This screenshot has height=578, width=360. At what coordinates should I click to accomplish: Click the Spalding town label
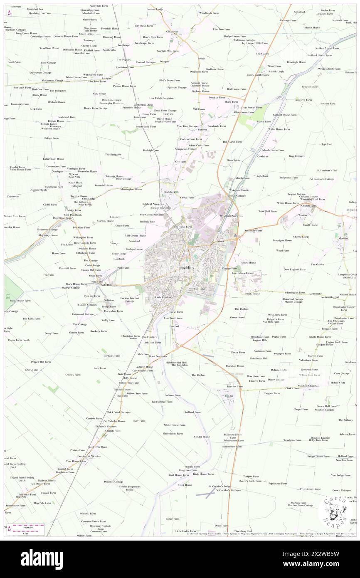pyautogui.click(x=187, y=267)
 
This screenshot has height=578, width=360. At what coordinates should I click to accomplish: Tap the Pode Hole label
pyautogui.click(x=106, y=285)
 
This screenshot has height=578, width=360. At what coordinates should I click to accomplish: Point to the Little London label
pyautogui.click(x=163, y=297)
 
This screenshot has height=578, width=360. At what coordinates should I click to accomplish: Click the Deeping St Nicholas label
pyautogui.click(x=88, y=456)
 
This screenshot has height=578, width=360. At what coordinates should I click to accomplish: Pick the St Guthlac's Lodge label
pyautogui.click(x=219, y=486)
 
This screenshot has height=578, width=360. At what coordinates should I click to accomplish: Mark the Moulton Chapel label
pyautogui.click(x=308, y=385)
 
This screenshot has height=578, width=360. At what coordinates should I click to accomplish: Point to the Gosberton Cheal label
pyautogui.click(x=143, y=105)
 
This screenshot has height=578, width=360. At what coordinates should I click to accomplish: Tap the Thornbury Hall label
pyautogui.click(x=243, y=531)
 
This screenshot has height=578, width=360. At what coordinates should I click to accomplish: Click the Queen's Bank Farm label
pyautogui.click(x=250, y=481)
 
